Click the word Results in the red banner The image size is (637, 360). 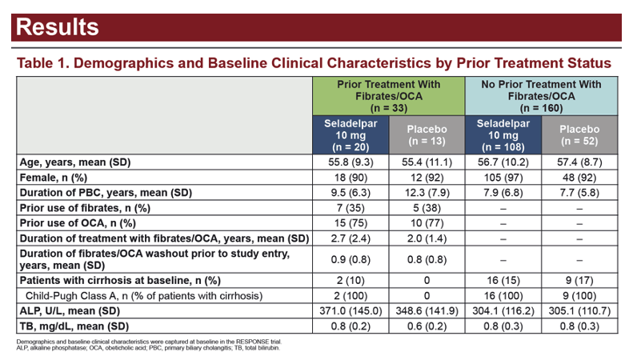[58, 27]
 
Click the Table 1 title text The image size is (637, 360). [314, 63]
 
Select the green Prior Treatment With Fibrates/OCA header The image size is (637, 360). [389, 96]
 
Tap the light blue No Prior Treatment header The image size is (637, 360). [541, 96]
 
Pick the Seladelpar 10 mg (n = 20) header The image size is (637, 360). [351, 135]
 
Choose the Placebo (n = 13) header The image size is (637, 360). [427, 135]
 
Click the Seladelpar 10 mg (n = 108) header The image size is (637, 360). [503, 135]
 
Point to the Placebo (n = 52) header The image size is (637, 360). [579, 135]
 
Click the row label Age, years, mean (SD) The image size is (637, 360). [75, 162]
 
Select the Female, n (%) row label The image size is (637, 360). [54, 178]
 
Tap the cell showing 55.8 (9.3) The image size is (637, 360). [351, 162]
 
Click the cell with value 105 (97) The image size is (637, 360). [503, 178]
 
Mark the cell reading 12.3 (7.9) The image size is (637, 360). [427, 193]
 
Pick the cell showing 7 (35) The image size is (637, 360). [351, 208]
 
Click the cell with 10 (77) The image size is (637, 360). [427, 223]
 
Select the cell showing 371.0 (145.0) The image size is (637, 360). [351, 311]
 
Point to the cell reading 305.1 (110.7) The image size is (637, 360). [579, 311]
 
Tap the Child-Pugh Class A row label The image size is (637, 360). [144, 296]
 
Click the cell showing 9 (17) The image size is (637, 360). [579, 280]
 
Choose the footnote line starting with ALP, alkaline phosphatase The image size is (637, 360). [148, 348]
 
